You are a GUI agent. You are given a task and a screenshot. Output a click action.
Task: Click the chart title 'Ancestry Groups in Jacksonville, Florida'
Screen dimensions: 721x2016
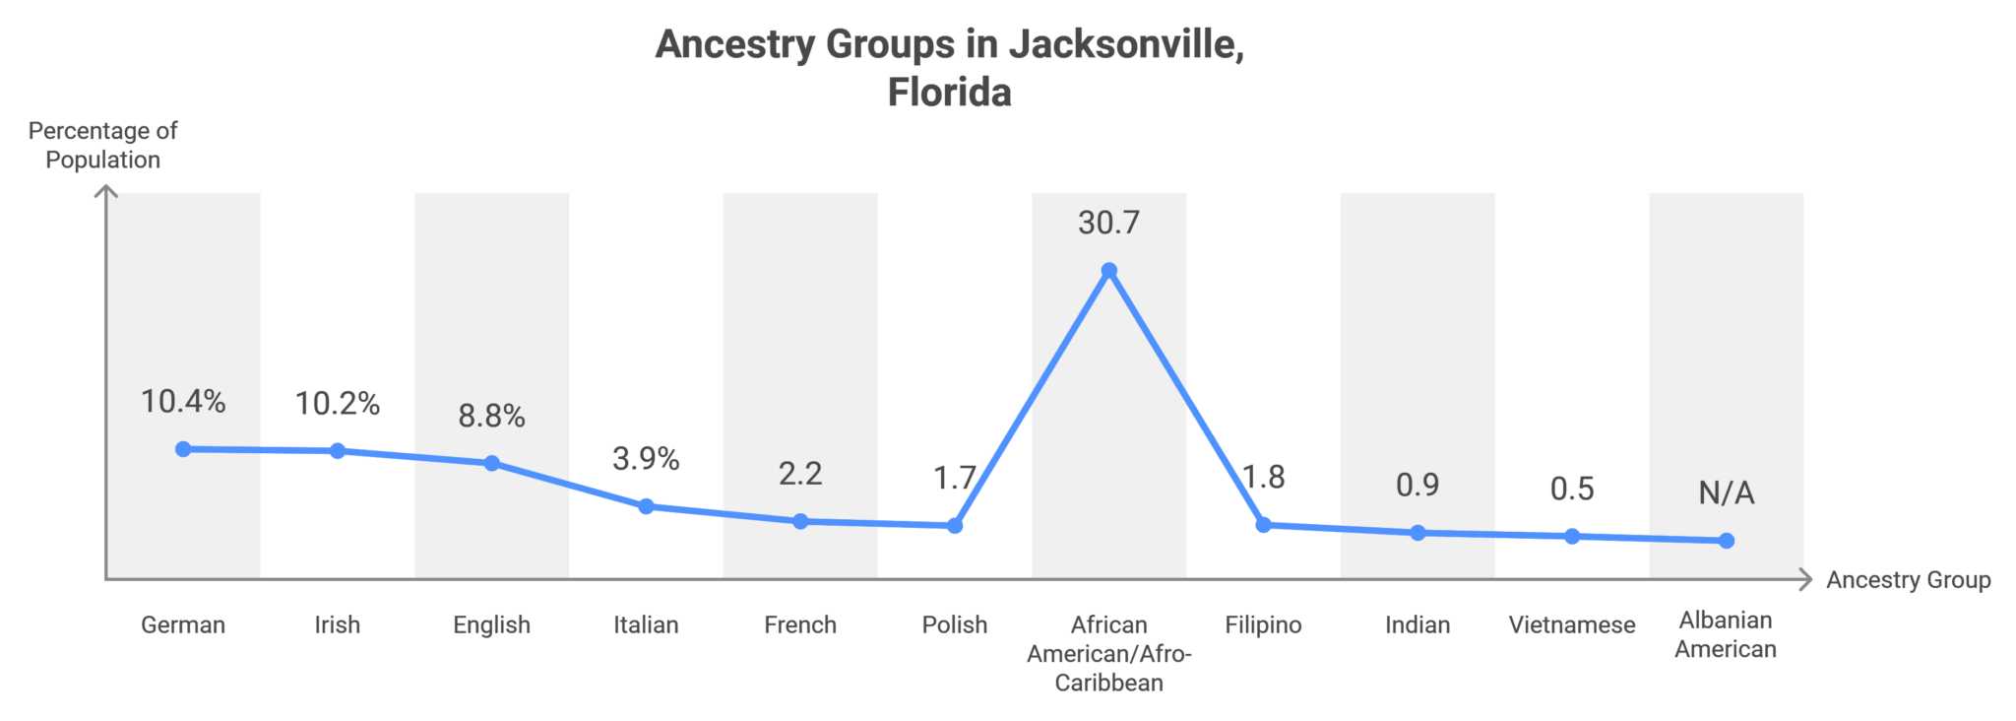[x=950, y=68]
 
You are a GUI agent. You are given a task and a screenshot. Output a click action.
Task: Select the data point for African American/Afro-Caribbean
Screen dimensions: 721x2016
[x=1108, y=271]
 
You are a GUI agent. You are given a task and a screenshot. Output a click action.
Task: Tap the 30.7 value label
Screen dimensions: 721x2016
[x=1108, y=223]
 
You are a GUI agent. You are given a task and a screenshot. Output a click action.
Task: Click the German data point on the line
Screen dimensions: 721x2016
[x=183, y=449]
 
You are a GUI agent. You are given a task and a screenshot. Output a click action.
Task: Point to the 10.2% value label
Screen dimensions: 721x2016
[x=338, y=404]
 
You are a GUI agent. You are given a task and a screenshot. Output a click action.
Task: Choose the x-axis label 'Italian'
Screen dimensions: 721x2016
[x=646, y=624]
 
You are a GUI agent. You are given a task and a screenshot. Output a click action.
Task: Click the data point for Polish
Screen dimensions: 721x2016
[x=955, y=526]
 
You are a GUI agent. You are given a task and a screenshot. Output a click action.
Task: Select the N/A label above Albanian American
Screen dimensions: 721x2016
[x=1727, y=492]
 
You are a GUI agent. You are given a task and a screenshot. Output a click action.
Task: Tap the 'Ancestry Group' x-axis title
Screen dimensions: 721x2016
[x=1908, y=580]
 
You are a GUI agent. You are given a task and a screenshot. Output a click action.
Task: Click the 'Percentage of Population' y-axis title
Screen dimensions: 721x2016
[x=102, y=145]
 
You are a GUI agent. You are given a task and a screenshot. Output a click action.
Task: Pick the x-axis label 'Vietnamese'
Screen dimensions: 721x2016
[x=1572, y=624]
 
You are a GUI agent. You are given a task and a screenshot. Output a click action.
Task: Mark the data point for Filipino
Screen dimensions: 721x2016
[x=1263, y=525]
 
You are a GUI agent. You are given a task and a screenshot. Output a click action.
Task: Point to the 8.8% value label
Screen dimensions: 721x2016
[x=491, y=416]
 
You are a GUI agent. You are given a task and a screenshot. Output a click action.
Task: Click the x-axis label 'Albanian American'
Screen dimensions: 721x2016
[x=1726, y=634]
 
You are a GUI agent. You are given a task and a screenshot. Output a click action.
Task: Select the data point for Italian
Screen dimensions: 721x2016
[x=646, y=506]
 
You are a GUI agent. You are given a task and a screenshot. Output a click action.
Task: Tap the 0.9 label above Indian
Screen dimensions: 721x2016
[x=1417, y=485]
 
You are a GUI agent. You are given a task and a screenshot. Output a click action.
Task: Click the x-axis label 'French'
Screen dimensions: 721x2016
[x=800, y=624]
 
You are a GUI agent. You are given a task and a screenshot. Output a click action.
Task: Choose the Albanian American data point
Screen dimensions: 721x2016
[x=1727, y=541]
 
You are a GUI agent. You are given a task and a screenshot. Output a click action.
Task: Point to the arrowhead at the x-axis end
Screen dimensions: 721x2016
[x=1805, y=580]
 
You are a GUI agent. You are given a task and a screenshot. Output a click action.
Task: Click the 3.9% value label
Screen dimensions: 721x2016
[x=646, y=459]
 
